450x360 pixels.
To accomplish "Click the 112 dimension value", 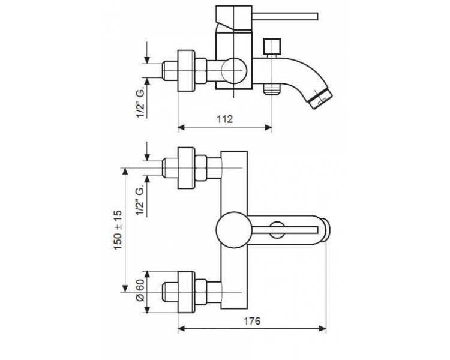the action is pos(225,119).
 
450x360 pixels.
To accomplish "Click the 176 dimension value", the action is pos(252,321).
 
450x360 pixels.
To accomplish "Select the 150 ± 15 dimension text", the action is pos(118,230).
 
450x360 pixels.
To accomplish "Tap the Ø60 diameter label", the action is pos(140,290).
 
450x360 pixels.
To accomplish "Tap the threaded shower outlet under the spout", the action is pos(272,88).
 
